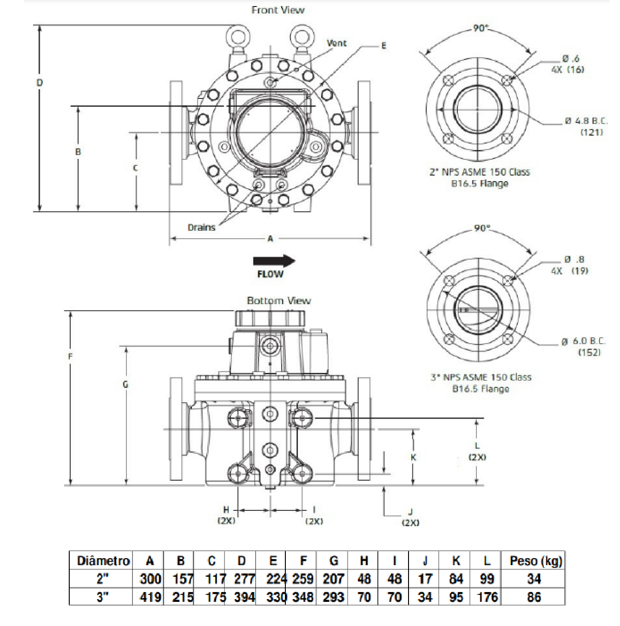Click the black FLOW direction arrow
point(274,261)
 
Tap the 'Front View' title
point(278,10)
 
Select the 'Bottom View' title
point(279,300)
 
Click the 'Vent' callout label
point(337,43)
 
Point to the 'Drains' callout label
point(202,228)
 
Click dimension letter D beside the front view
point(40,83)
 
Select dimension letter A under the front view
point(270,239)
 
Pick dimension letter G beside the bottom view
point(125,385)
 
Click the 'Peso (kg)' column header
point(536,561)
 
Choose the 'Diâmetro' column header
point(103,561)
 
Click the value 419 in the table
point(150,597)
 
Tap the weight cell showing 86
point(534,597)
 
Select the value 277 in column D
point(244,579)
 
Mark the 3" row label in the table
point(103,597)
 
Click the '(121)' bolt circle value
point(592,132)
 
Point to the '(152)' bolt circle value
point(589,352)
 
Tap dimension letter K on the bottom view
point(413,457)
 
